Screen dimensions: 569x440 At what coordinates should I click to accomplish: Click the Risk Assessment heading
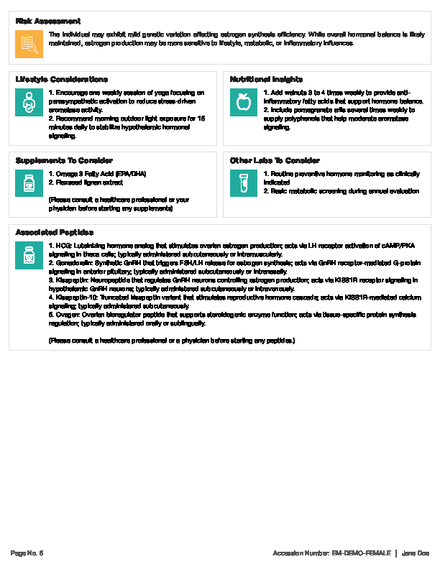(48, 21)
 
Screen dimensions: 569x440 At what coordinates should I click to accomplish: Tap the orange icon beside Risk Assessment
(29, 45)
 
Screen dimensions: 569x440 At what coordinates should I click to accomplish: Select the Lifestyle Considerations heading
(62, 79)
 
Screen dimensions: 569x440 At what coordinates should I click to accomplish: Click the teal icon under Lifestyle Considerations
(29, 103)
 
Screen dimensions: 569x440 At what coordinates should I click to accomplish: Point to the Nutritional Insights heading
(266, 79)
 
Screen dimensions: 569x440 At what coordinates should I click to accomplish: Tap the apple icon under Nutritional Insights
(244, 103)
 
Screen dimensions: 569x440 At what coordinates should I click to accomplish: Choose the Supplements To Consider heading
(64, 160)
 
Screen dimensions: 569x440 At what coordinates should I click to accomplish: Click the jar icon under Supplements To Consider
(29, 184)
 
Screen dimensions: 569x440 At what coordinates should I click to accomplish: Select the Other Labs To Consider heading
(275, 160)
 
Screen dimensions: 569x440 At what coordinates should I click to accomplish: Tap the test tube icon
(244, 184)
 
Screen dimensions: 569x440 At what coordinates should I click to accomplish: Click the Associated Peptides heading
(55, 232)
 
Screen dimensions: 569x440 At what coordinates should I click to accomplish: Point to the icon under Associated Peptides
(29, 256)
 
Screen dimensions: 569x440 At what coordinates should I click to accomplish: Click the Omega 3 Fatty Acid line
(88, 174)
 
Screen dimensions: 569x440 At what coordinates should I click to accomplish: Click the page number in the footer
(27, 552)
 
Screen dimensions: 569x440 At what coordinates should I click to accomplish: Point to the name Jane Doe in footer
(415, 552)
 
